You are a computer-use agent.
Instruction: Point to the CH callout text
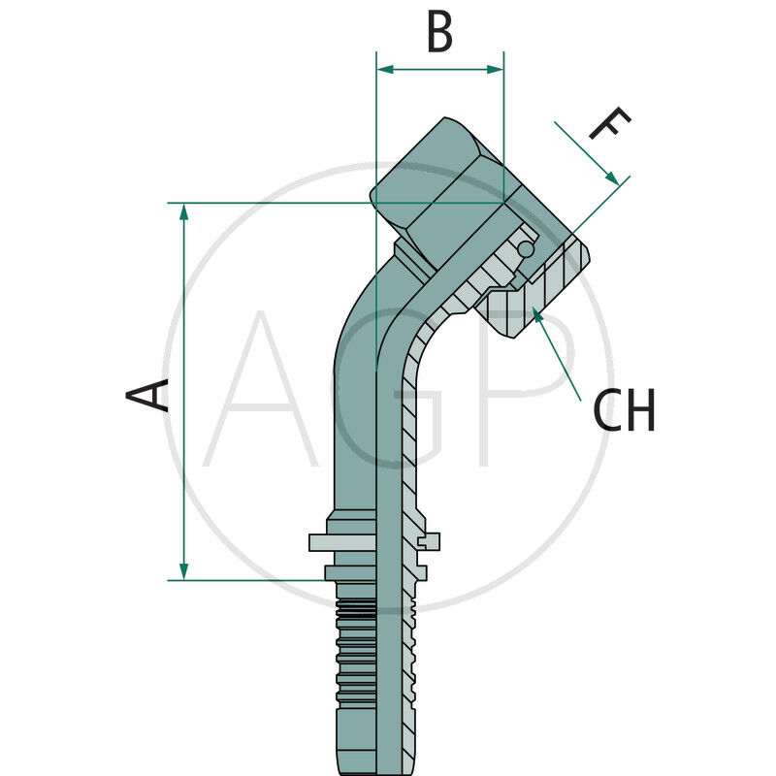click(624, 411)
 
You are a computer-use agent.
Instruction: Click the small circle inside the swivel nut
click(525, 249)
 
